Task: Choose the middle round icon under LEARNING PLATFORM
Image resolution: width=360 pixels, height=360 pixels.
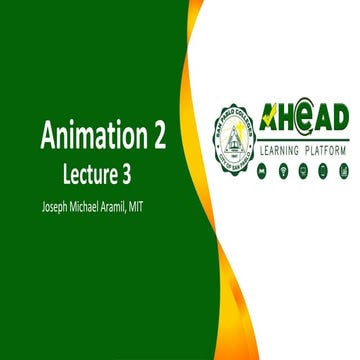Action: (x=303, y=171)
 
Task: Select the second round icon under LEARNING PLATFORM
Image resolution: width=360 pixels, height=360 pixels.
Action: (x=284, y=171)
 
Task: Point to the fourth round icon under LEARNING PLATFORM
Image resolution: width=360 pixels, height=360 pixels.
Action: (x=322, y=171)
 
